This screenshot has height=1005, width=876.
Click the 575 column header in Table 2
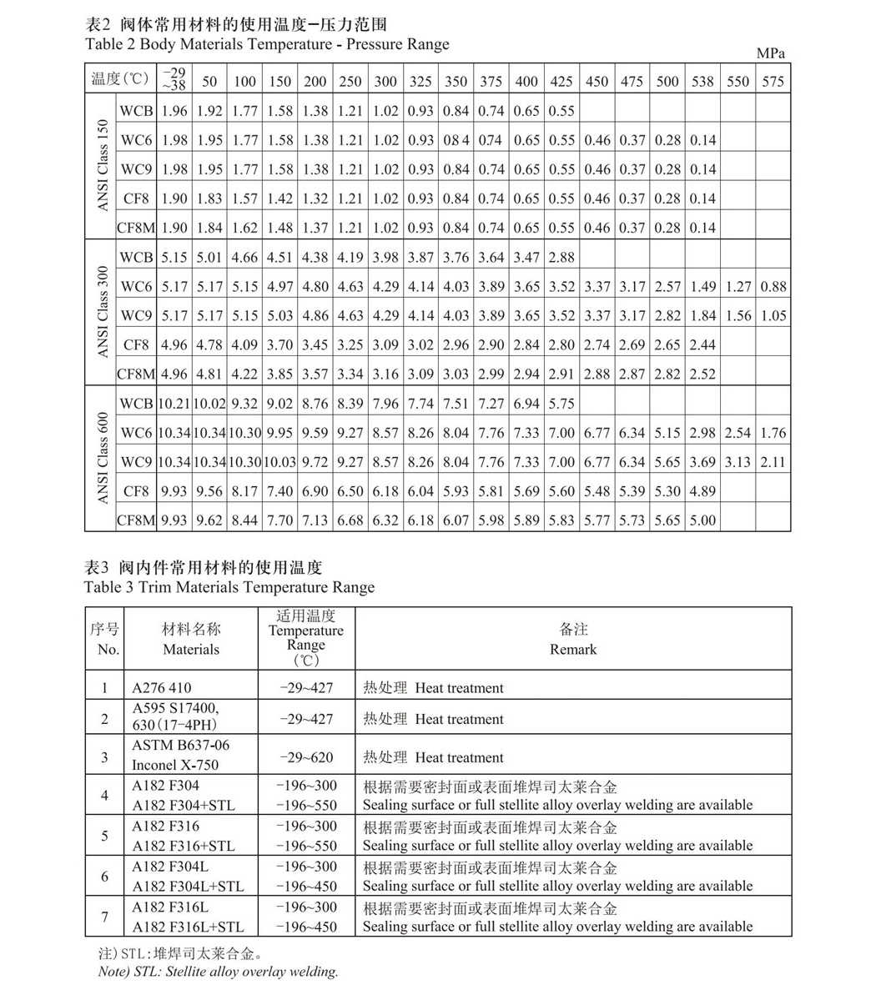pyautogui.click(x=773, y=82)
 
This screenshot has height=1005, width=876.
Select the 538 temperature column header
pyautogui.click(x=702, y=82)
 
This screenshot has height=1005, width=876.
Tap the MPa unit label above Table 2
pyautogui.click(x=770, y=53)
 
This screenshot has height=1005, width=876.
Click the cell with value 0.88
pyautogui.click(x=773, y=287)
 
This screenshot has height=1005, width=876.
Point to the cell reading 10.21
pyautogui.click(x=174, y=404)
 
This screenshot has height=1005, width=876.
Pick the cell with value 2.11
pyautogui.click(x=773, y=462)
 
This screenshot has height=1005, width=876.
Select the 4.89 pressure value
pyautogui.click(x=702, y=491)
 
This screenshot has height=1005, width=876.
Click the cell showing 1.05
pyautogui.click(x=773, y=316)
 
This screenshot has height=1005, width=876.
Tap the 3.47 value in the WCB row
pyautogui.click(x=526, y=258)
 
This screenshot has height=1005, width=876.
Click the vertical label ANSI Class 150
pyautogui.click(x=102, y=165)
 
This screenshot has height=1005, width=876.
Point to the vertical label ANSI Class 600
pyautogui.click(x=102, y=458)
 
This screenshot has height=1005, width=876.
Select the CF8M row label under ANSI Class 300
pyautogui.click(x=136, y=374)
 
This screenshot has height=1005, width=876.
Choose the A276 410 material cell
pyautogui.click(x=162, y=688)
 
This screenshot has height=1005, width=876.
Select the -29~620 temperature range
pyautogui.click(x=306, y=757)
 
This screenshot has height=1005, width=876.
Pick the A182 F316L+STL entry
pyautogui.click(x=188, y=927)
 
